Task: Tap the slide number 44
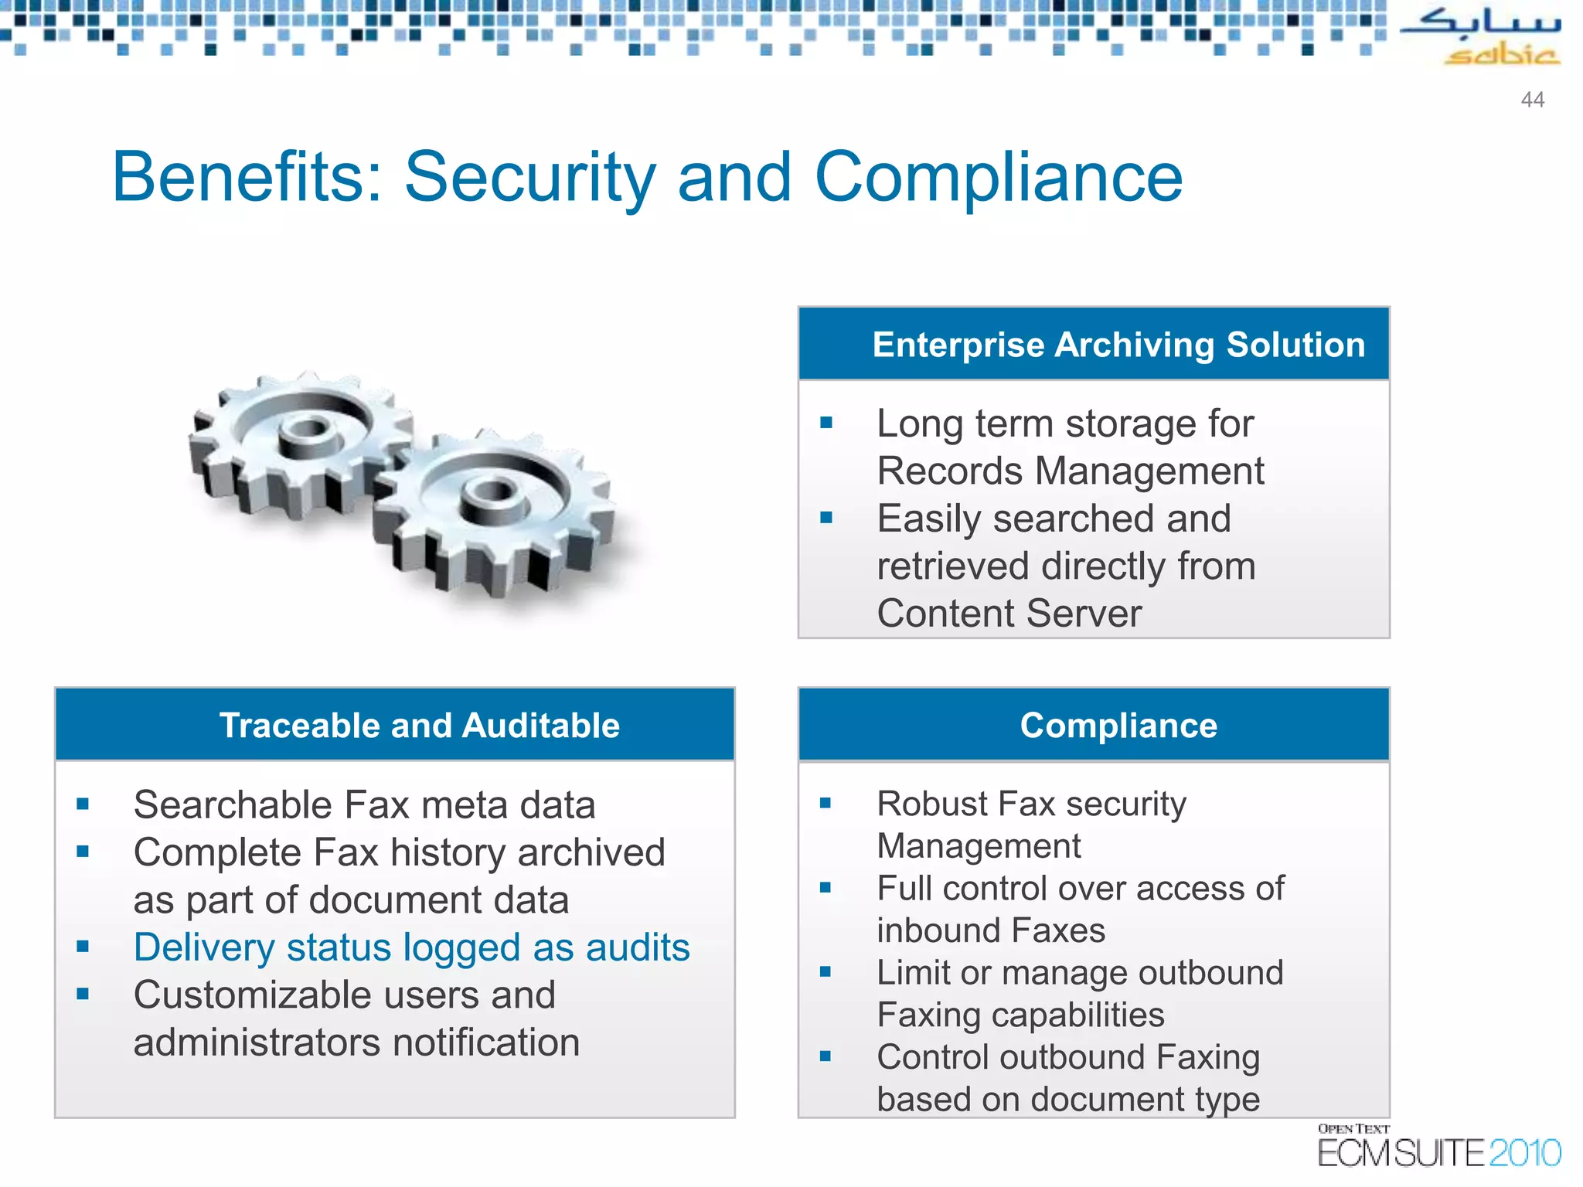point(1532,100)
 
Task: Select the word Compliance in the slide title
point(998,178)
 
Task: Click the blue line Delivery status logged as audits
point(411,947)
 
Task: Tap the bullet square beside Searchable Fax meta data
point(83,804)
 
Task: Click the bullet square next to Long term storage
point(826,423)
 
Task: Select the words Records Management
point(1070,471)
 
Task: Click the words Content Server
point(1009,614)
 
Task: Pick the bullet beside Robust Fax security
point(826,803)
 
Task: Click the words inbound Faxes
point(990,930)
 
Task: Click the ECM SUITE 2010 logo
point(1438,1148)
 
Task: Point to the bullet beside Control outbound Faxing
point(826,1056)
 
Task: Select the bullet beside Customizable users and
point(83,995)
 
